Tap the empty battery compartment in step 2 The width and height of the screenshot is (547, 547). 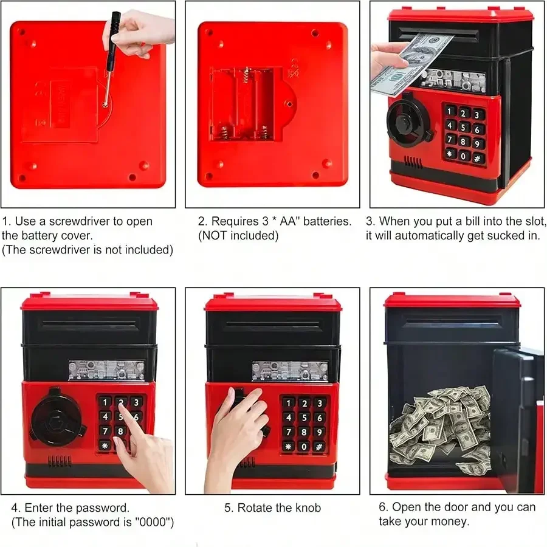click(246, 104)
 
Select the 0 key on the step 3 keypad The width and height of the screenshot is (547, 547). click(464, 156)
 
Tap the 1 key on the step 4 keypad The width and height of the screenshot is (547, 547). click(105, 402)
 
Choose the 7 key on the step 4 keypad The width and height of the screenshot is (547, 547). click(105, 431)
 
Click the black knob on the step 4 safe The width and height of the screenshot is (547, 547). click(57, 417)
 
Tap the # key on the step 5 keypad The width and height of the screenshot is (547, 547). click(319, 447)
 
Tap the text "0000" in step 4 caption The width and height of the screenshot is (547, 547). click(154, 522)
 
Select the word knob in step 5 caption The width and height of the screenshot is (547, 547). click(308, 508)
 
